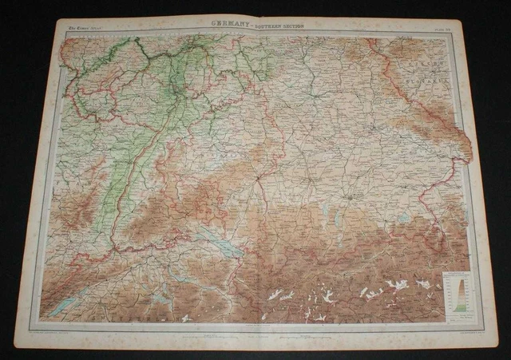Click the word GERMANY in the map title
(233, 26)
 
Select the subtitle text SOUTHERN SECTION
(283, 26)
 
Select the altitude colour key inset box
(455, 292)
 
